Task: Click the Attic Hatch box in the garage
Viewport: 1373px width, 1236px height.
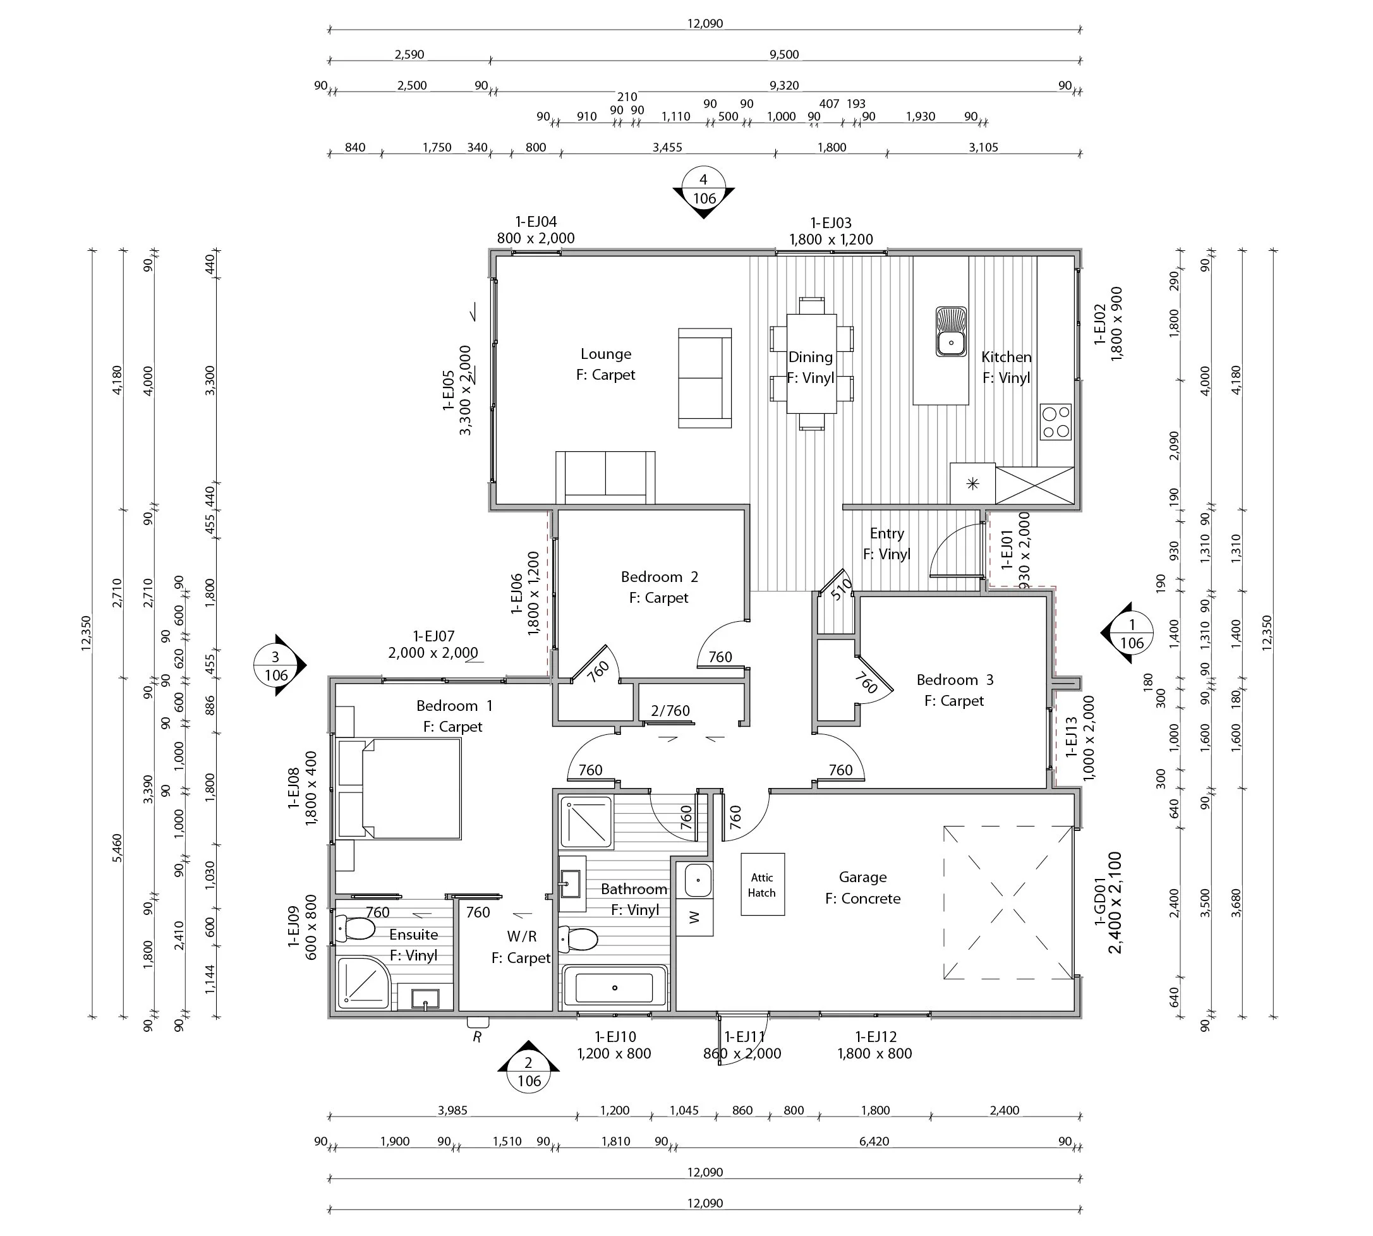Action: (762, 884)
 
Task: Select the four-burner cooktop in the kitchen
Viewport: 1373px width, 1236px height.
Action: (1055, 421)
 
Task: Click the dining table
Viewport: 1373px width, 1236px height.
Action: (811, 363)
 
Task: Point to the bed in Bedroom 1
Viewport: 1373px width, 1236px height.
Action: (410, 789)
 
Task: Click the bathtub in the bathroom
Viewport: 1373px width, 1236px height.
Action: (614, 988)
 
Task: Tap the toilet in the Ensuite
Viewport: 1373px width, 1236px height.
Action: (355, 928)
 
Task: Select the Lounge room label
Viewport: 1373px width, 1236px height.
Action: (606, 354)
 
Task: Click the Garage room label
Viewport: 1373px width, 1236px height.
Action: (862, 878)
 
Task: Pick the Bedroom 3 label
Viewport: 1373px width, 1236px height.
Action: (955, 680)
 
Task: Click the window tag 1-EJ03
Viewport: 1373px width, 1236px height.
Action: (830, 223)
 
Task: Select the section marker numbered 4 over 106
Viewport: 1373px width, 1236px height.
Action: (703, 190)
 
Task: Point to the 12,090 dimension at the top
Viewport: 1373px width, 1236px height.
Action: (705, 24)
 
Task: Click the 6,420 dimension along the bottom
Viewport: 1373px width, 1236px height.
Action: (874, 1142)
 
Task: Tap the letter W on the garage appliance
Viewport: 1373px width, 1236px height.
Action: (694, 918)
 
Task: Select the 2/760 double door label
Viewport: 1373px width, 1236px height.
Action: (670, 711)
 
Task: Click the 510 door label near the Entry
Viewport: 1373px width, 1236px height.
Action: (842, 589)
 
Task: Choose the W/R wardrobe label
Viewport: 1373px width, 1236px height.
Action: (521, 936)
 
